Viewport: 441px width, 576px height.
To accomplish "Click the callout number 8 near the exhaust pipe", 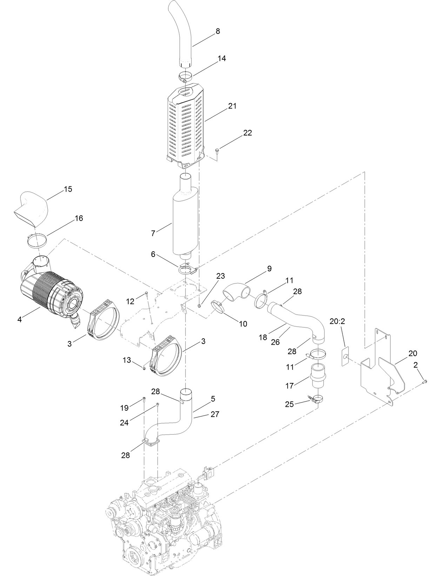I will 218,31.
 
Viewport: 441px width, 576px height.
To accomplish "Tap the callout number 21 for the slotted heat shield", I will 232,106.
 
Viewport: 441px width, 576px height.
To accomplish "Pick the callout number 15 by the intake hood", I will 68,189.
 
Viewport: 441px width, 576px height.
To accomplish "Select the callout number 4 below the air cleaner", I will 20,320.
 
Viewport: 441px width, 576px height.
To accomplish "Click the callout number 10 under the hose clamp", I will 243,324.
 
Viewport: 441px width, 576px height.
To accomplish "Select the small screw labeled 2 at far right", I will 425,381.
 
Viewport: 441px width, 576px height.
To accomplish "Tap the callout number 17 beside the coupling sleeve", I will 289,386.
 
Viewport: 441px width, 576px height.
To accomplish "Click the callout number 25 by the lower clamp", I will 289,404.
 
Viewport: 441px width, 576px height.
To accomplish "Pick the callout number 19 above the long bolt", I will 125,408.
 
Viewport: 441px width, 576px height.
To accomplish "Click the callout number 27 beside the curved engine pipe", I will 215,414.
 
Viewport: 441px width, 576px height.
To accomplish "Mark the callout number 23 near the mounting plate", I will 220,276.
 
